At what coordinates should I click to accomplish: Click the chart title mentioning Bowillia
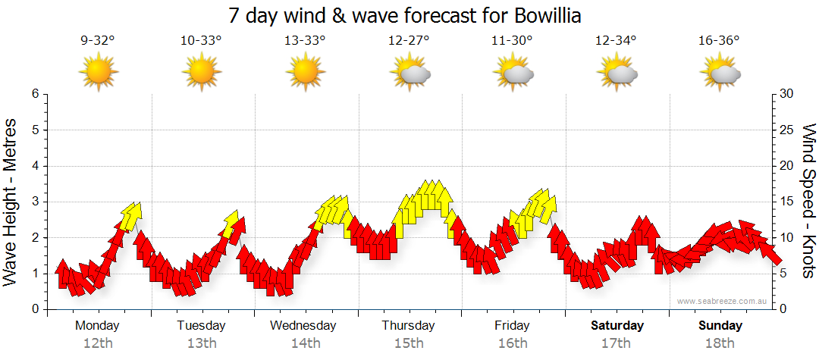409,15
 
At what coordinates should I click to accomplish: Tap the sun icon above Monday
98,73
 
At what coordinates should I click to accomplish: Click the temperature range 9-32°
98,41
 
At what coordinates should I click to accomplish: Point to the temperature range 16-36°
719,41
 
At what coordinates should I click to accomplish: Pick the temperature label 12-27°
409,41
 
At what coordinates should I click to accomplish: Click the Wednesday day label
303,326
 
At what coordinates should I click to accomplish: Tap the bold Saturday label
617,326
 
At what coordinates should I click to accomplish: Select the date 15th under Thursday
409,343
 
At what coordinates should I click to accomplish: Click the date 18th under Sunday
720,343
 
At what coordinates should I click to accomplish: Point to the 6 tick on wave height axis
35,94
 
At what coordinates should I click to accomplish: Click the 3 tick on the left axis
35,202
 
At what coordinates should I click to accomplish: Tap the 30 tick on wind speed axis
787,94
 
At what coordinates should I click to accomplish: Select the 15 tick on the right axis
787,202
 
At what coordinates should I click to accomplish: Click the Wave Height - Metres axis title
12,202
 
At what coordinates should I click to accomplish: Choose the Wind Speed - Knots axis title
808,202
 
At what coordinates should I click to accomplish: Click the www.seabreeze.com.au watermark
723,301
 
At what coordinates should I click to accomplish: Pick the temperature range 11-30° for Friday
513,41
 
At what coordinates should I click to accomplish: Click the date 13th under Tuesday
201,343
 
